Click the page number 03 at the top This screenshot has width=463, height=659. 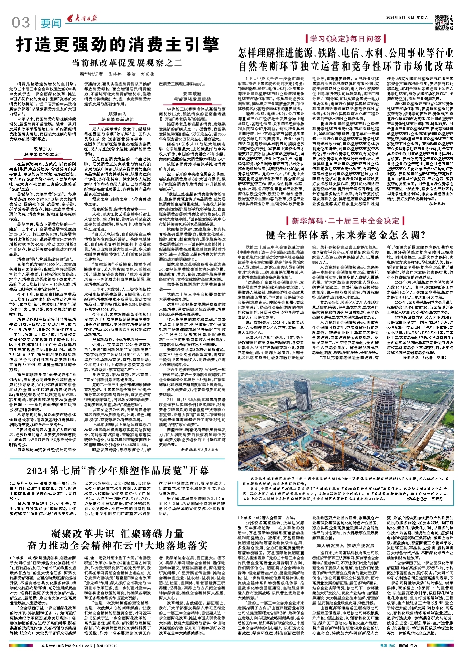click(x=21, y=23)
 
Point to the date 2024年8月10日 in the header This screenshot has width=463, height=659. click(x=402, y=18)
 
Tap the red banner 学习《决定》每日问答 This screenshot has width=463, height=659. click(x=346, y=39)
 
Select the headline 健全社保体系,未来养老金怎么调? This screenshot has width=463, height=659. click(x=346, y=235)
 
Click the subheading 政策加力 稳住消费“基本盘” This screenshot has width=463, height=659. click(x=43, y=151)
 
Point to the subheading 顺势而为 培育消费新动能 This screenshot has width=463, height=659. click(x=117, y=117)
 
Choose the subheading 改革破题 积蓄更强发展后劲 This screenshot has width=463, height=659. click(x=192, y=97)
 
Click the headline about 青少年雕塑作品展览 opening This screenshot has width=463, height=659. click(x=117, y=471)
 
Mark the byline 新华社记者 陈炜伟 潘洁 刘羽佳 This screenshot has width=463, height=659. click(x=117, y=74)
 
